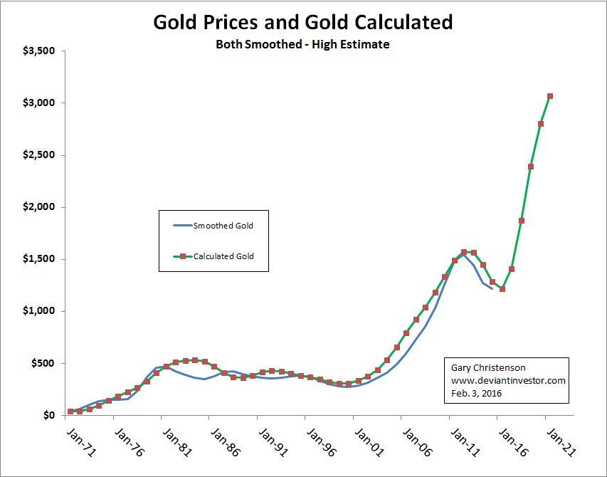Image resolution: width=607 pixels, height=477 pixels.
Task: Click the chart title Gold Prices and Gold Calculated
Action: (x=302, y=22)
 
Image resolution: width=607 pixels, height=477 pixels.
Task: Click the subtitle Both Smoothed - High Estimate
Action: (x=302, y=44)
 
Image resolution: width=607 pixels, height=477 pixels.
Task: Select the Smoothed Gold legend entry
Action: (x=223, y=226)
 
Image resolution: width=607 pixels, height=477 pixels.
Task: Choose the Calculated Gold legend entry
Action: (x=223, y=256)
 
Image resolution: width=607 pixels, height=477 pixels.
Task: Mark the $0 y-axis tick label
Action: (x=46, y=415)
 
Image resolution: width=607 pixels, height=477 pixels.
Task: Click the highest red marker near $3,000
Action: (x=550, y=96)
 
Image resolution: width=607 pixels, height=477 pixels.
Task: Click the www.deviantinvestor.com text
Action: (x=508, y=381)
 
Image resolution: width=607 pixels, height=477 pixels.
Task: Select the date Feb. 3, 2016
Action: (x=477, y=392)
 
